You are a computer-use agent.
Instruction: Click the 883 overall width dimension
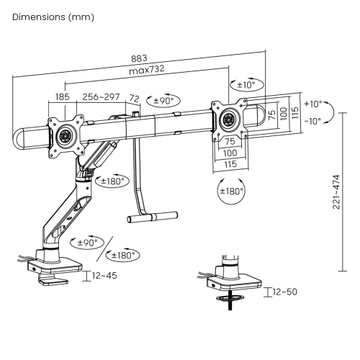[x=139, y=58]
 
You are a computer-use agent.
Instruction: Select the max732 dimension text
[x=147, y=70]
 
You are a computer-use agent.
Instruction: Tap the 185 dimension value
[x=63, y=97]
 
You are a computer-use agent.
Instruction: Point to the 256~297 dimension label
[x=101, y=96]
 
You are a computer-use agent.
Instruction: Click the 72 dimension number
[x=135, y=98]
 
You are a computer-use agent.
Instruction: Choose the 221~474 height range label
[x=336, y=192]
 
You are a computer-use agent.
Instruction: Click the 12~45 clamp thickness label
[x=104, y=276]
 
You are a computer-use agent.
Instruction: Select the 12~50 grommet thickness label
[x=285, y=292]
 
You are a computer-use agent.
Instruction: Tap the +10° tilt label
[x=313, y=104]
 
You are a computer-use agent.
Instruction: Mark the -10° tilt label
[x=312, y=121]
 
